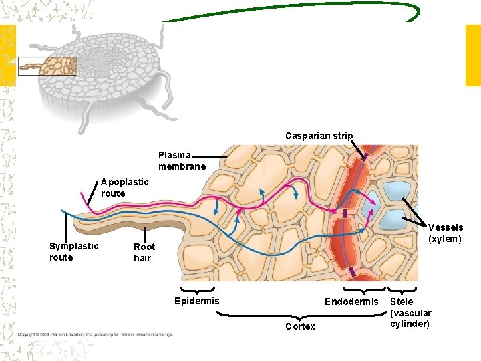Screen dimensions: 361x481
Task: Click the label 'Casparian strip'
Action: (319, 136)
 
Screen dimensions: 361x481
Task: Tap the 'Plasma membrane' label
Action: (182, 160)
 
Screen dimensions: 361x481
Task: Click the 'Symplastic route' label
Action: (73, 251)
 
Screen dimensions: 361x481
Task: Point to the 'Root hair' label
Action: (144, 252)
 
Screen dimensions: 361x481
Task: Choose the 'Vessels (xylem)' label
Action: (445, 233)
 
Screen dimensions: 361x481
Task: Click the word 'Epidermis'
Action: (196, 301)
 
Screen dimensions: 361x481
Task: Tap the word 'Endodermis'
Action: (351, 302)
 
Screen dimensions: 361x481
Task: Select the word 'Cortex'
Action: (300, 326)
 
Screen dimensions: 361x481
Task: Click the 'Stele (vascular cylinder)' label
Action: (411, 313)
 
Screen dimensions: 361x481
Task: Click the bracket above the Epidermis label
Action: (197, 290)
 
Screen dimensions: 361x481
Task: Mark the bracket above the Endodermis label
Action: (364, 290)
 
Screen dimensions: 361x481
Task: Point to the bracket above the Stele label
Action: (403, 290)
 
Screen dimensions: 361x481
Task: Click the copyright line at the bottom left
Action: (94, 334)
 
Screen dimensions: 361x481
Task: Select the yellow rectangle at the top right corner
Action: (472, 55)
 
